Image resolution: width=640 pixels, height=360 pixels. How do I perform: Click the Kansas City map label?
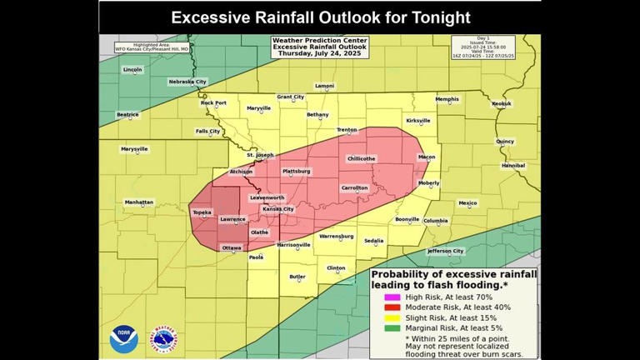[278, 209]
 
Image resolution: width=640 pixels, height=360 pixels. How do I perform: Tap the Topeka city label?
[202, 212]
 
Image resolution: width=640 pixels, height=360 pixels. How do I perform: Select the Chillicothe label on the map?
[361, 158]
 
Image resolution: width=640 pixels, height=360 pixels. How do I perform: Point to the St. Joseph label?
[259, 155]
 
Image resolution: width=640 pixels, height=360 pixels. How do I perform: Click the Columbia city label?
[436, 221]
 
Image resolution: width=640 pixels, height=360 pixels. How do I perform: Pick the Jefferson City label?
[446, 251]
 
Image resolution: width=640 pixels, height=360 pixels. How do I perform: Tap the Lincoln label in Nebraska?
[132, 70]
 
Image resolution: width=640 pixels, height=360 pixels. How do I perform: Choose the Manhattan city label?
[139, 202]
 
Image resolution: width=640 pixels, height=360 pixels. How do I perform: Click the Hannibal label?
[513, 165]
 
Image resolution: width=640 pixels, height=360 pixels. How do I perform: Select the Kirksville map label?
[417, 121]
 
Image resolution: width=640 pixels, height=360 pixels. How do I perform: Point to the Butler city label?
[297, 277]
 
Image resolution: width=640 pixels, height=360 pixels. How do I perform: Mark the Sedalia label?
[374, 241]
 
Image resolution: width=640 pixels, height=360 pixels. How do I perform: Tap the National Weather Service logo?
[163, 340]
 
